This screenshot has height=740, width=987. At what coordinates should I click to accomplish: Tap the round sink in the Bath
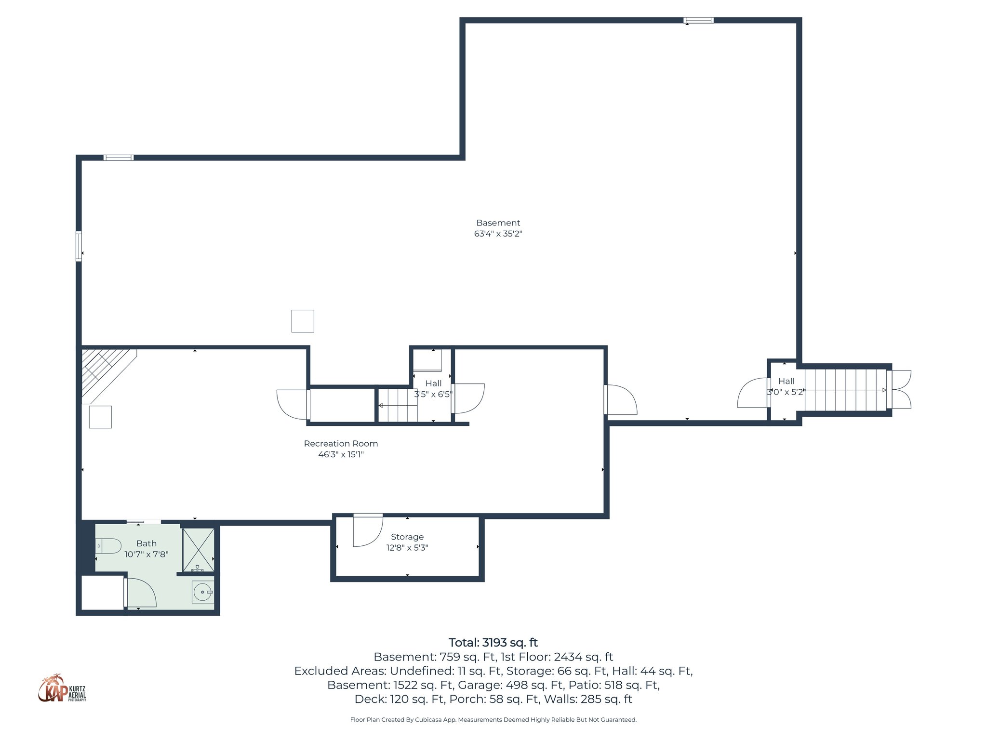(x=203, y=592)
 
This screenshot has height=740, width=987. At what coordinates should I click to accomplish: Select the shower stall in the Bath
(x=198, y=549)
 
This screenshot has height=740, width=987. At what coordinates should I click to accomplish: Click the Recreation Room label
(x=341, y=444)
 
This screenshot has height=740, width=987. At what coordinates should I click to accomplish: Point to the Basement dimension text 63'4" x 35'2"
(x=498, y=234)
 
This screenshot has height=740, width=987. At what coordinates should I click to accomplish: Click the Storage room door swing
(x=367, y=530)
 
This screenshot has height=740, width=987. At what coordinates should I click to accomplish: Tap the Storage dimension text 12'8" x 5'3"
(x=407, y=548)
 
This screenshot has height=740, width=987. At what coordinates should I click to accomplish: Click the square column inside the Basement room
(x=303, y=321)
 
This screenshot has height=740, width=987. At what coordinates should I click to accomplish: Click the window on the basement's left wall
(x=79, y=246)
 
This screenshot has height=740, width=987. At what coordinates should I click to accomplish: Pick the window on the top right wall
(x=698, y=20)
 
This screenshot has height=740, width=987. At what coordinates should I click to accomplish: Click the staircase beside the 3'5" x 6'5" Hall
(x=397, y=406)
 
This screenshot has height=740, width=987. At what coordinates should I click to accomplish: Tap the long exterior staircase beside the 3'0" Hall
(x=845, y=390)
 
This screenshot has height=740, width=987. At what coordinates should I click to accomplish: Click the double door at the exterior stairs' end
(x=899, y=389)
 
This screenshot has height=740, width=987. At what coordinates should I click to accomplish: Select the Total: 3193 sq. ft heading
(x=493, y=643)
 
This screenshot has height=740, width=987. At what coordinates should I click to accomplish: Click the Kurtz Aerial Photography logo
(x=62, y=688)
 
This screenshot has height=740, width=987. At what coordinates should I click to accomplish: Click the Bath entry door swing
(x=141, y=593)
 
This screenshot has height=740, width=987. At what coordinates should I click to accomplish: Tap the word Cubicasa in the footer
(x=428, y=720)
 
